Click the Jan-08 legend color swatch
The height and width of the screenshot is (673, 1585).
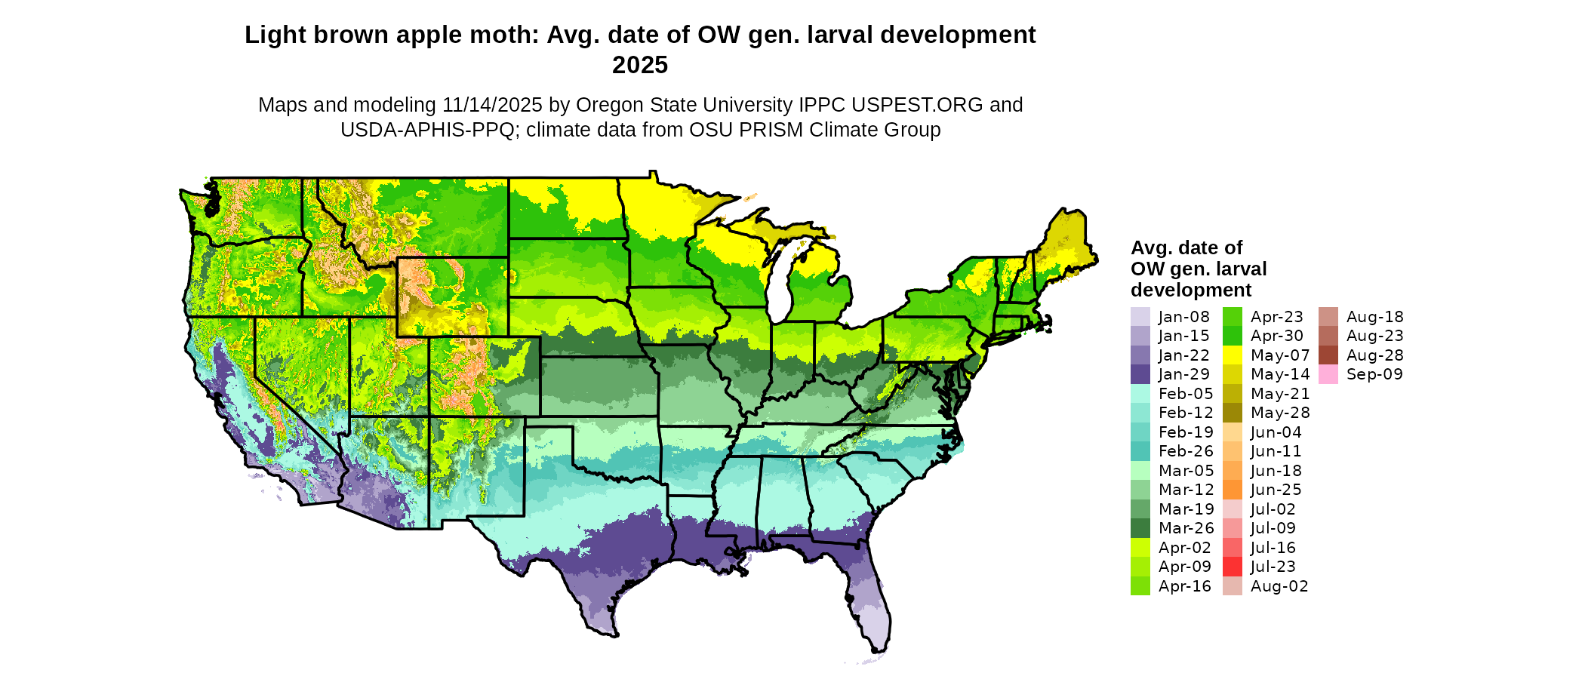coord(1140,317)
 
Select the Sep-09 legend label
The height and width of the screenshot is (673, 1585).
coord(1374,374)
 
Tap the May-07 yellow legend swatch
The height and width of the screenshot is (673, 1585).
coord(1232,355)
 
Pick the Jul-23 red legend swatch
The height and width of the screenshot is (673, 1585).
coord(1232,567)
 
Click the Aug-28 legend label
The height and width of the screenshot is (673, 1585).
coord(1374,355)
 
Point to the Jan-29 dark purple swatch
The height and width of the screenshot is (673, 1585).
coord(1140,374)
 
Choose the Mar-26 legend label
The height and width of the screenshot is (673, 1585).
coord(1186,528)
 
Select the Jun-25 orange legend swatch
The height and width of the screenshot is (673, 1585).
coord(1232,490)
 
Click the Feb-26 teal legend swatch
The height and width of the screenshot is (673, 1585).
coord(1140,451)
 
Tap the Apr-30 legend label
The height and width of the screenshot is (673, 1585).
coord(1277,336)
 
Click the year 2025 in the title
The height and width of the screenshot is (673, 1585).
coord(640,65)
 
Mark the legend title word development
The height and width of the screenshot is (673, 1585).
coord(1191,290)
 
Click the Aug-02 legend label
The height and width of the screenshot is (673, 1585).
coord(1279,586)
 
